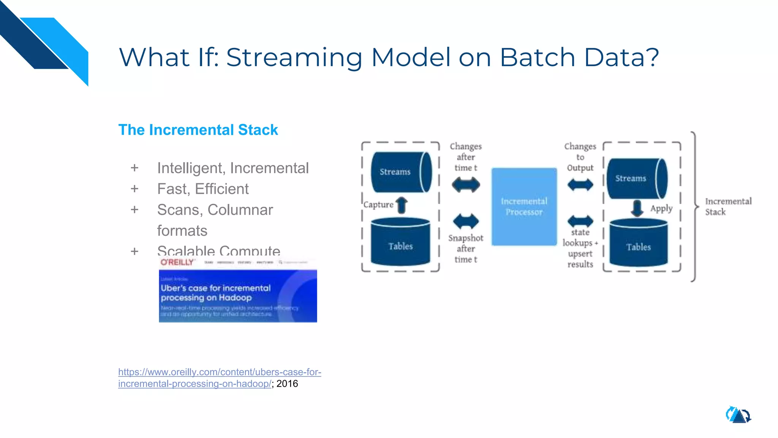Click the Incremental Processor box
tap(524, 206)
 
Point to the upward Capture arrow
tap(402, 205)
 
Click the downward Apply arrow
tap(637, 208)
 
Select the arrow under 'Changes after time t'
tap(466, 185)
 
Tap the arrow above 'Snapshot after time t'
tap(466, 221)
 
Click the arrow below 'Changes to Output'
tap(580, 185)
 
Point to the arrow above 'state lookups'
tap(580, 221)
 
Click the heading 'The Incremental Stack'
tap(198, 130)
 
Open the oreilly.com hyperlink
tap(219, 372)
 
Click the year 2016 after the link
tap(287, 384)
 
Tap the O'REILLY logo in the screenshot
tap(177, 262)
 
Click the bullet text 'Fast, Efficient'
tap(203, 189)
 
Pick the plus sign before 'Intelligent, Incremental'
tap(134, 168)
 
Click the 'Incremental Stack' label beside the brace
tap(727, 206)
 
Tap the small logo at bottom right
tap(738, 415)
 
